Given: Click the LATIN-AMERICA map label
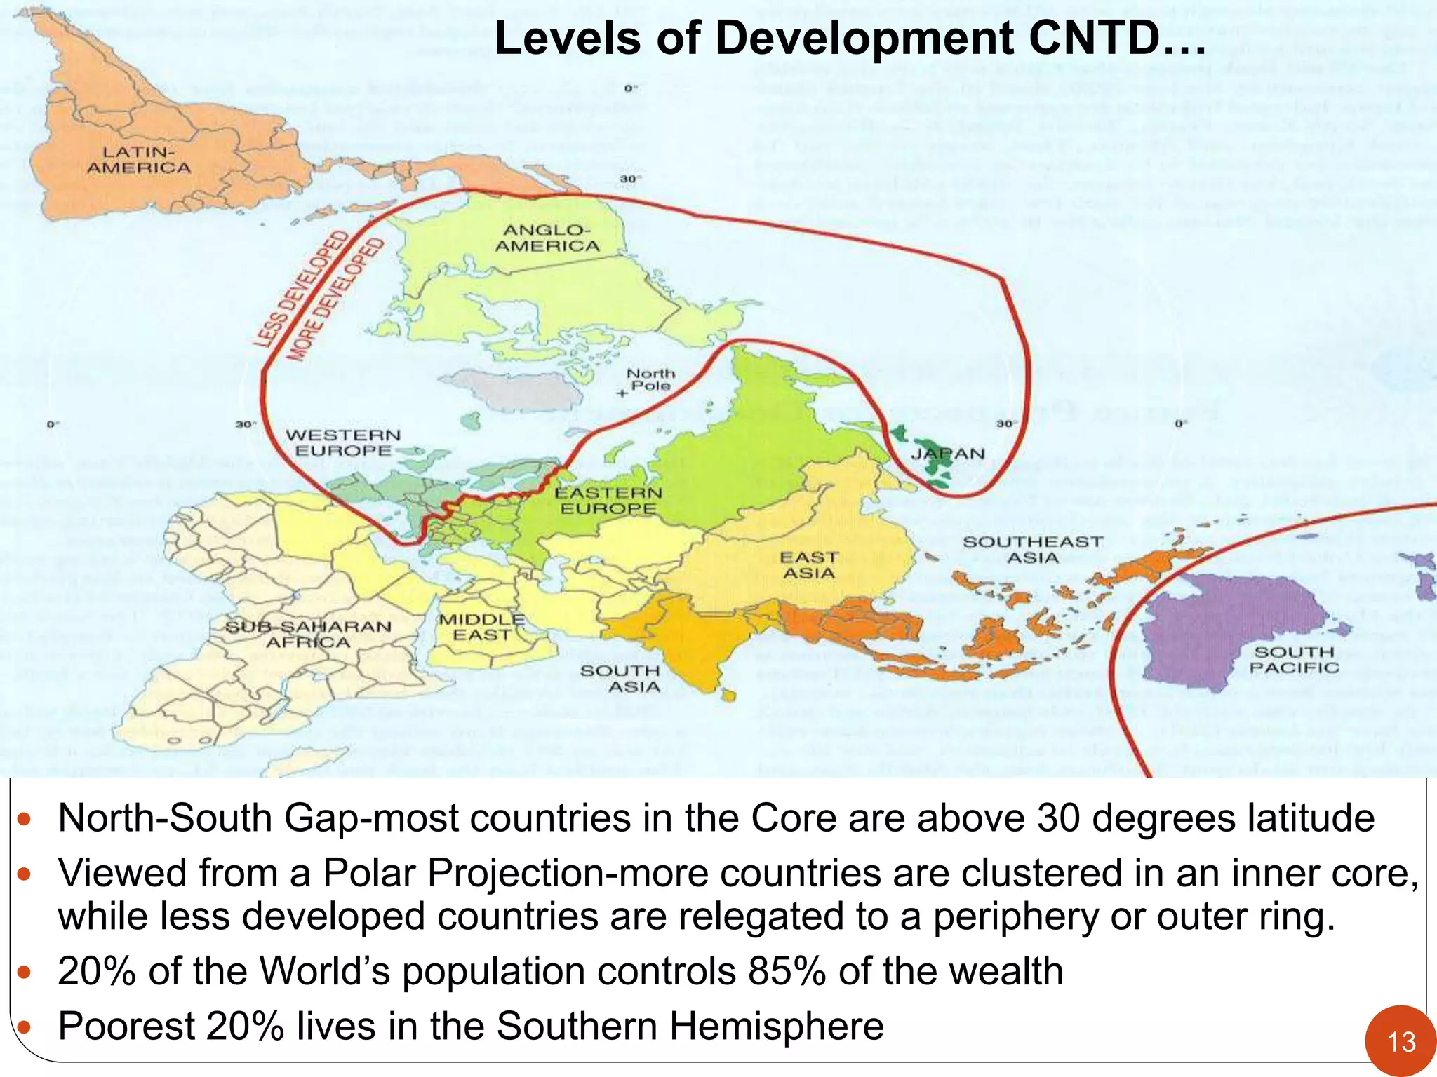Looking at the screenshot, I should pos(138,160).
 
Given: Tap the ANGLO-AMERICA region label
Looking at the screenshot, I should pos(547,238).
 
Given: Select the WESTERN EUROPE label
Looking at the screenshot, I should pos(343,443).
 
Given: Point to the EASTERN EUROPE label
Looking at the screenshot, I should pos(608,501).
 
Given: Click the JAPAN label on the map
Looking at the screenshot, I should pos(947,454).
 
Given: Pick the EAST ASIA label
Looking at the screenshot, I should pos(809,565).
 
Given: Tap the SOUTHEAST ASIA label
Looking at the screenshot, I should pos(1033,550).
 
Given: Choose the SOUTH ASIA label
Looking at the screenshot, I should pos(620,679).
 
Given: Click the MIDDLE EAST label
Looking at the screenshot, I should pos(482,628).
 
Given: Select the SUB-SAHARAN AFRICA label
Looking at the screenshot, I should pos(308,634).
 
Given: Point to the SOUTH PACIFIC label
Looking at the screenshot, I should pos(1294,660).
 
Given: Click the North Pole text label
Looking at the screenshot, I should pos(651,379).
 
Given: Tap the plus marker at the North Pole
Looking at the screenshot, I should pos(621,393).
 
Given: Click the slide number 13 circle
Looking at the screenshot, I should pos(1401,1041).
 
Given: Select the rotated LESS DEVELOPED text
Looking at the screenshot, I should pos(301,289).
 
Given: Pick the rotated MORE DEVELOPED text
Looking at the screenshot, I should pos(336,300).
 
